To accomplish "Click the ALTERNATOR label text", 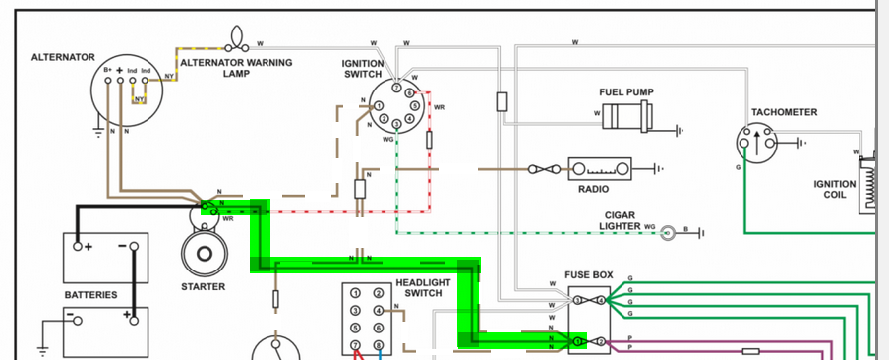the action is (63, 57).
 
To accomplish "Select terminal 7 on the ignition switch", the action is (397, 89).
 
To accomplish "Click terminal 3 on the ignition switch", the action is (397, 123).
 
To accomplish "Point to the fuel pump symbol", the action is (627, 116).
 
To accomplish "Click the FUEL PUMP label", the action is (625, 91).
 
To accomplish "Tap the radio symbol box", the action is (600, 169).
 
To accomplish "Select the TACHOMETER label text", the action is (784, 112).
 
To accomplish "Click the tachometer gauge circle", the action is (755, 143).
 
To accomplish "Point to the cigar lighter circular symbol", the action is (669, 232).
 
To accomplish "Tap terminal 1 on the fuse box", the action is (577, 342).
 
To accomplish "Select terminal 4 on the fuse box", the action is (601, 300).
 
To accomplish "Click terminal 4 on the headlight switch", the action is (378, 311).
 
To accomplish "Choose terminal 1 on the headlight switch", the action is (355, 293).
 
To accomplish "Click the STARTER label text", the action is (203, 287).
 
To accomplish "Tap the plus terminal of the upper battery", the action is (78, 246).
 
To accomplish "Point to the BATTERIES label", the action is (90, 295).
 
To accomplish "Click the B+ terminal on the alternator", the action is (108, 81).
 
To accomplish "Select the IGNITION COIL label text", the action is (835, 190).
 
